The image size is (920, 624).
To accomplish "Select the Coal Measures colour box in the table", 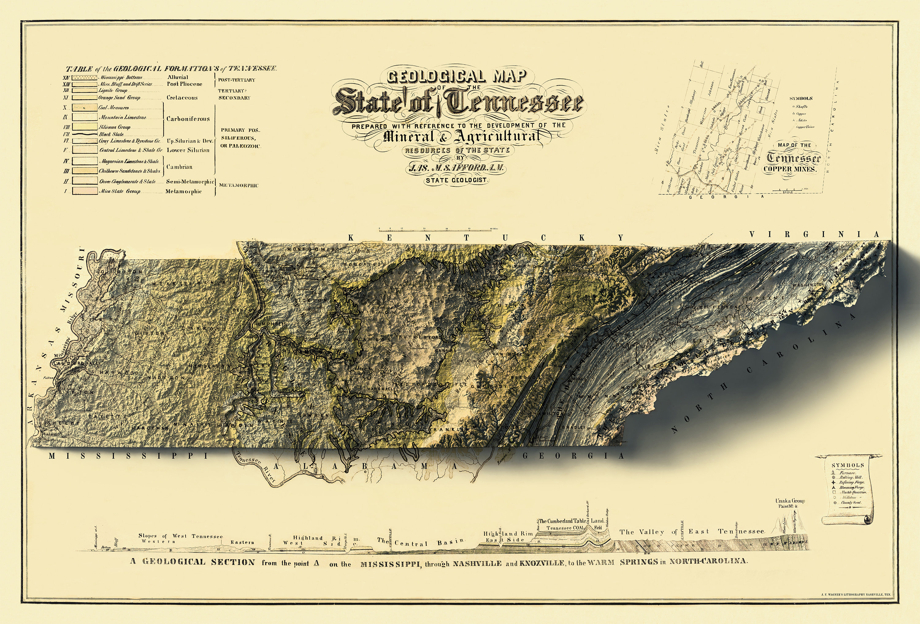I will [84, 107].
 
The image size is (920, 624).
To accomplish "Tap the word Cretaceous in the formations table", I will [182, 98].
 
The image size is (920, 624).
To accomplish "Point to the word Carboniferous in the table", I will [188, 119].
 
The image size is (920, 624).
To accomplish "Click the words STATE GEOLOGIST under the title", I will [457, 180].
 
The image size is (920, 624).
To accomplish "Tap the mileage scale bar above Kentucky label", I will [437, 229].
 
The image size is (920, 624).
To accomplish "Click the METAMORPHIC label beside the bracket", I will [238, 185].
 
